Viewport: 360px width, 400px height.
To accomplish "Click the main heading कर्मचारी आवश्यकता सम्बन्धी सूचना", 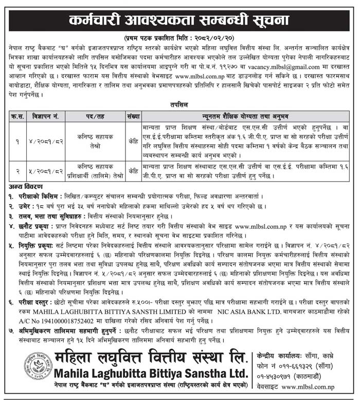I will click(x=179, y=21).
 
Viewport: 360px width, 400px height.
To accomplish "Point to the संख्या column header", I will click(x=132, y=116).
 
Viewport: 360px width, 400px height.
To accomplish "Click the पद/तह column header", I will click(x=95, y=116).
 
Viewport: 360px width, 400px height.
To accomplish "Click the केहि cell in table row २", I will click(x=133, y=171).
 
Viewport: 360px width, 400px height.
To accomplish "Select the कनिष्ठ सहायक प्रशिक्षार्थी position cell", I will click(x=95, y=171).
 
